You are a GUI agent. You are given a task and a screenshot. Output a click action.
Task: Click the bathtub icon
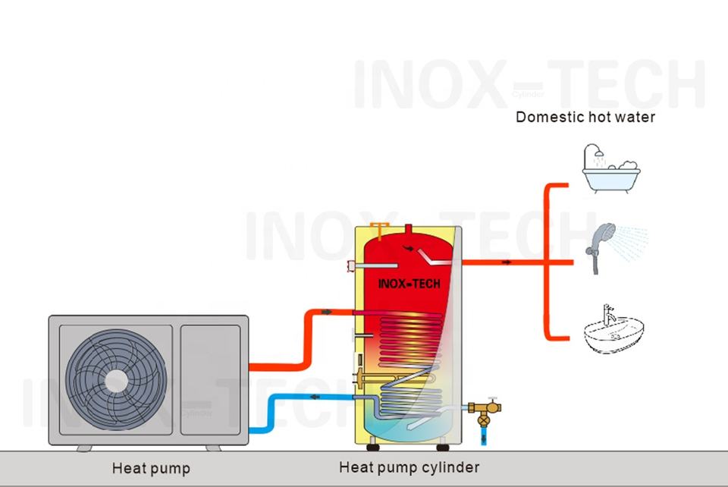click(611, 168)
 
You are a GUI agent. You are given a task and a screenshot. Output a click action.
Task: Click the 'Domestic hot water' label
click(585, 117)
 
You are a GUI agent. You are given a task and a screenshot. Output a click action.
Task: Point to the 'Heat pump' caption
click(151, 469)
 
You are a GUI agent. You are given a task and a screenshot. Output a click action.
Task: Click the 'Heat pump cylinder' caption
click(409, 467)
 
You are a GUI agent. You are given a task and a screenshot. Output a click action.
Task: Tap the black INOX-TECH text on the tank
click(409, 284)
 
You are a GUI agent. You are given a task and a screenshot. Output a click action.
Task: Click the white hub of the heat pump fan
click(115, 382)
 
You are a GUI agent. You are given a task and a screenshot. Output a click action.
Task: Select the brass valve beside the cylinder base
click(485, 411)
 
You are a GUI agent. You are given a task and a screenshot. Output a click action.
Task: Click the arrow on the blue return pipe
click(315, 397)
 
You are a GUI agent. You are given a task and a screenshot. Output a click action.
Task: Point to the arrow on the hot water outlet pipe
click(507, 262)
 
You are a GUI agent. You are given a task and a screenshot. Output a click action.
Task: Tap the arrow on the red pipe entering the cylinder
click(326, 312)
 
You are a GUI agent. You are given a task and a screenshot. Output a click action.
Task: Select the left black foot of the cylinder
click(373, 448)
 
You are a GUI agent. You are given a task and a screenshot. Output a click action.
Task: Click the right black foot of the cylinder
click(443, 448)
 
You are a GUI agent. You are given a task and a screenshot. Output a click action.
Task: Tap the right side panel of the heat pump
click(210, 380)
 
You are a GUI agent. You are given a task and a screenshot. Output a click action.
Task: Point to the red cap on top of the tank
click(409, 229)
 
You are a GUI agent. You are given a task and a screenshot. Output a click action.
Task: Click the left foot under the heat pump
click(84, 448)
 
